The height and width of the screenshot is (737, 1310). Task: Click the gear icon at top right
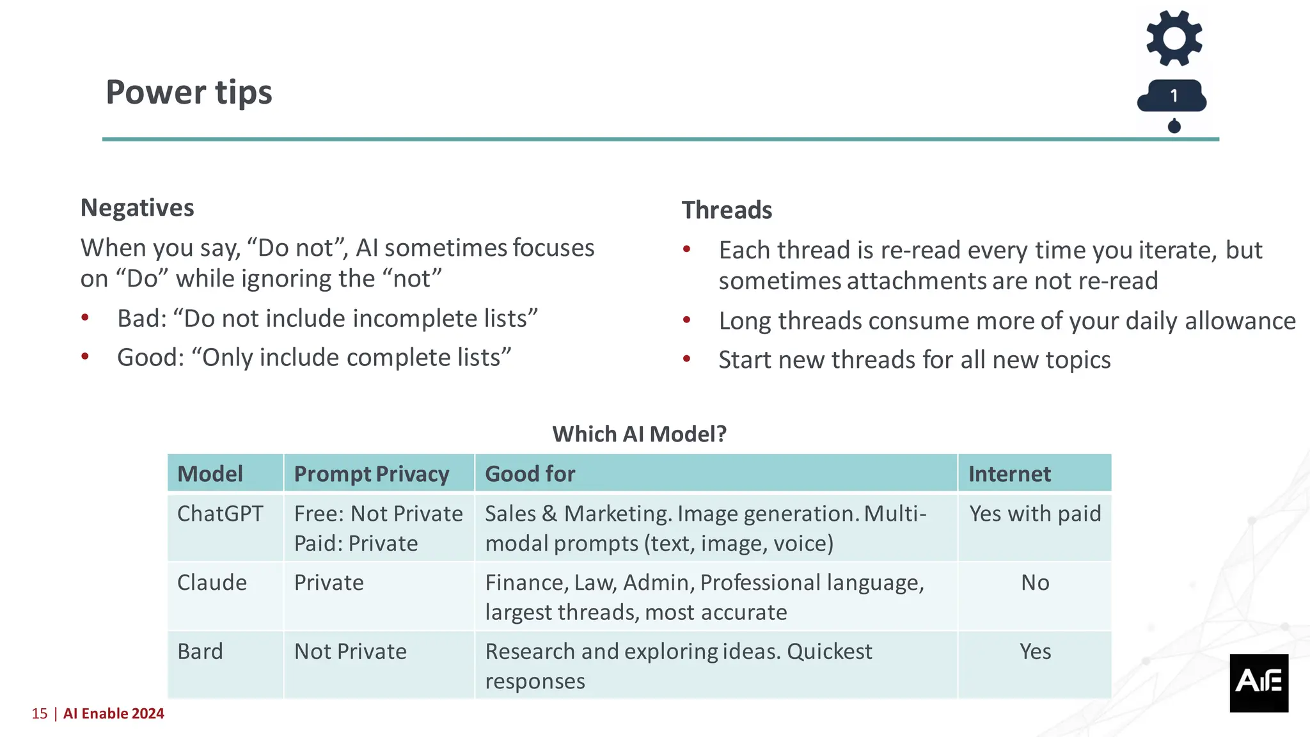point(1174,38)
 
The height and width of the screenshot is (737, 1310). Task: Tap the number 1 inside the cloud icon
point(1174,96)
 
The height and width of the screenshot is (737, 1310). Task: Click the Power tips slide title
point(189,92)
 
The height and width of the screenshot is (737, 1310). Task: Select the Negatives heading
point(137,208)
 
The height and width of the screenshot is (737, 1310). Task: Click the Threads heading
point(727,210)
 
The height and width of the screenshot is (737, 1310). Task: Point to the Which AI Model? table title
point(639,434)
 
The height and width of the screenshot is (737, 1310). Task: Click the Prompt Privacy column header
point(371,474)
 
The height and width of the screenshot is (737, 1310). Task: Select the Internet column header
point(1009,474)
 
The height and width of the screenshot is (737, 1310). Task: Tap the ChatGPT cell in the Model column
point(220,514)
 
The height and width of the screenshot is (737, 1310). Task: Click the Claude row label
point(212,583)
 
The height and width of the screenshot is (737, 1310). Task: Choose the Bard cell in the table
point(200,651)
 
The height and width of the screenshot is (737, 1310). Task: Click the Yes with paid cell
point(1035,514)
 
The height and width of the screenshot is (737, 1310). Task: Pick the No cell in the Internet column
point(1035,583)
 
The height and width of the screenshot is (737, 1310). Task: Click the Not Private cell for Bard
point(350,651)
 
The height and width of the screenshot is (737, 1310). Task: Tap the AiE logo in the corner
point(1258,682)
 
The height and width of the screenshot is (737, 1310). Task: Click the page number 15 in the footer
point(40,713)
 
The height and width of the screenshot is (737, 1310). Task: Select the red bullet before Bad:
point(85,317)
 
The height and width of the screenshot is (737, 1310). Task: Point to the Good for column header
point(530,474)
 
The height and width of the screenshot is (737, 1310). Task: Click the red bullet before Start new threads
point(687,359)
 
